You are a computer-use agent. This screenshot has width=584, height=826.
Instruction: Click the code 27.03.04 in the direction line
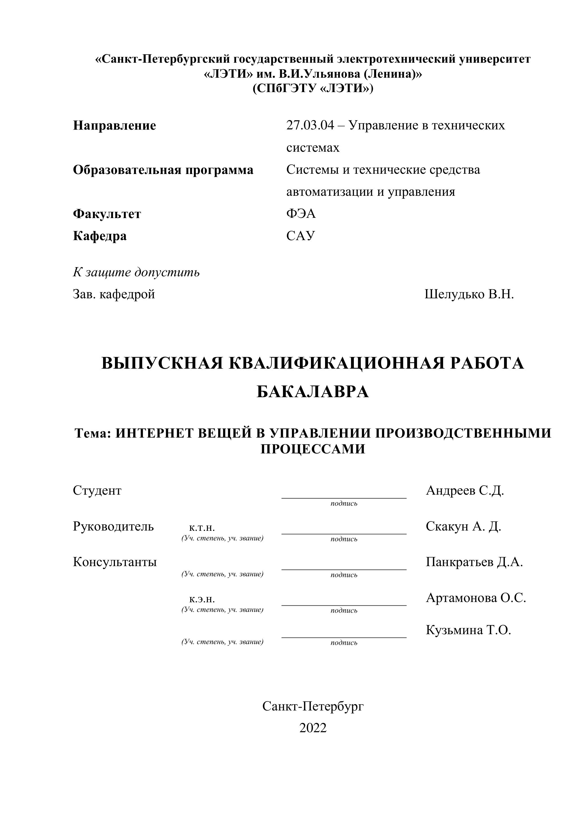click(x=310, y=125)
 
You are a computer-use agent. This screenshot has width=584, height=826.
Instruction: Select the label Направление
click(x=114, y=125)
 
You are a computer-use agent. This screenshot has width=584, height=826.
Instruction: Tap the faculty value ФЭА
click(x=301, y=214)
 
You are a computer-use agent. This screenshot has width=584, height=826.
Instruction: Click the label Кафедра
click(x=100, y=236)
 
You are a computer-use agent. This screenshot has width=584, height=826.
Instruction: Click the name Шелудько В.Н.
click(x=469, y=294)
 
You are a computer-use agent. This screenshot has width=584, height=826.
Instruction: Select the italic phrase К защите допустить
click(x=136, y=272)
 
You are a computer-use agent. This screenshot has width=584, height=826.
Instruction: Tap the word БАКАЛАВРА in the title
click(x=313, y=392)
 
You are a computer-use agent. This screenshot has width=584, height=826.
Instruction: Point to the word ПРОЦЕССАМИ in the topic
click(x=313, y=449)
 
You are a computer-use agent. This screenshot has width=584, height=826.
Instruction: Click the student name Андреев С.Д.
click(x=465, y=490)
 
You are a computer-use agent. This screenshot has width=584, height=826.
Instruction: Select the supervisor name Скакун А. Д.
click(x=463, y=526)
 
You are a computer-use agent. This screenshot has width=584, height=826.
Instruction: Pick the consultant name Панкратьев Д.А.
click(x=474, y=562)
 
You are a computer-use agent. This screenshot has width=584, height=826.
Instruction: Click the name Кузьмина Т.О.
click(x=468, y=630)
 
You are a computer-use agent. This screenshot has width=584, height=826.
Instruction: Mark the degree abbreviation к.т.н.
click(x=202, y=527)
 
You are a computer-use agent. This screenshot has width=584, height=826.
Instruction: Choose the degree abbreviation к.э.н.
click(x=202, y=599)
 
